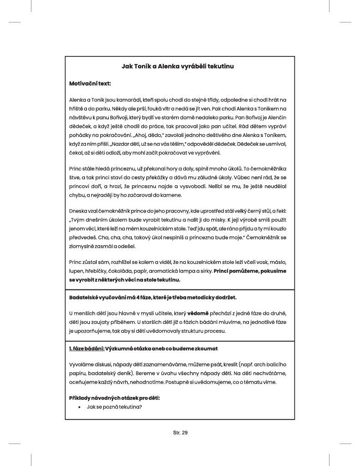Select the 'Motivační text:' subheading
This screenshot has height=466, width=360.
[90, 84]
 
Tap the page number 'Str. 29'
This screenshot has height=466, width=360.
[180, 433]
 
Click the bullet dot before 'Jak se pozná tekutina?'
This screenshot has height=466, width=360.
[80, 406]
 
